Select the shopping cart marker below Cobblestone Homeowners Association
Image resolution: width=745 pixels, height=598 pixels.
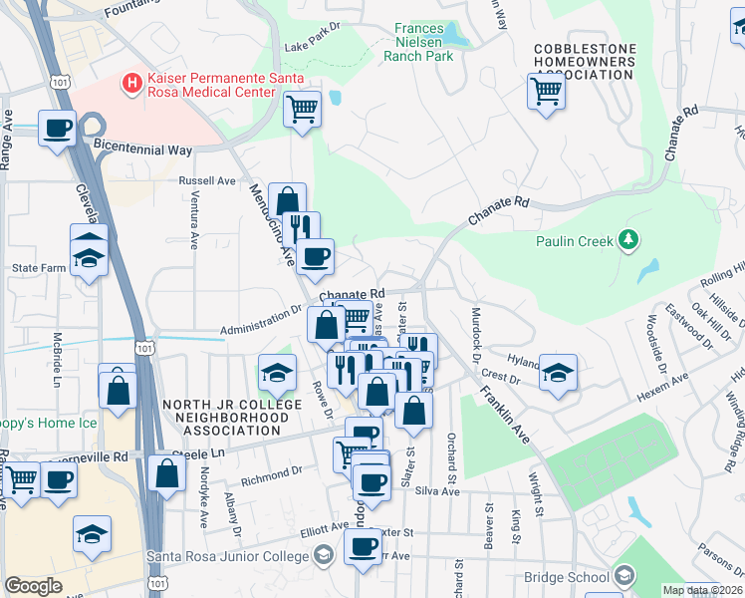tap(546, 92)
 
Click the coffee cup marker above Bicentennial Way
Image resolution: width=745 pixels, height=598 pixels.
tap(57, 128)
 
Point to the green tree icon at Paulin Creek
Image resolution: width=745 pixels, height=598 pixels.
tap(627, 239)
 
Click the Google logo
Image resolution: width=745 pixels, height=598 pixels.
tap(33, 586)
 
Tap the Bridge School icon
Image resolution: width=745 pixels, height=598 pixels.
tap(622, 576)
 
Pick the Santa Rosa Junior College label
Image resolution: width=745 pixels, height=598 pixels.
tap(228, 555)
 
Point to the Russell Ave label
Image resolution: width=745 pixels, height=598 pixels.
tap(206, 181)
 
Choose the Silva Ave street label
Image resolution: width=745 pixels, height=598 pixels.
tap(436, 491)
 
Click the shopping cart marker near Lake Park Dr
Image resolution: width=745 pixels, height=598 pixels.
tap(301, 108)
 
